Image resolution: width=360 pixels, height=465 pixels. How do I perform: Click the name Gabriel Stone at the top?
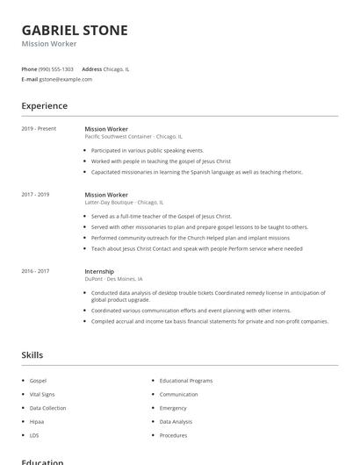click(75, 30)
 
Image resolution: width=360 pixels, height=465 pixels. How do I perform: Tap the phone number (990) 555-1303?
click(56, 68)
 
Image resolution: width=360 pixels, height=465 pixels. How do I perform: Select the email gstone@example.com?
click(66, 79)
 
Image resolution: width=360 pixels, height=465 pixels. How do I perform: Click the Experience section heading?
click(44, 106)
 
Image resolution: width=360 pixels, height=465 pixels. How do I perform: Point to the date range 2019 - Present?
click(39, 129)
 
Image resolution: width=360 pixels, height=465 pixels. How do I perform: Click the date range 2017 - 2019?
click(35, 195)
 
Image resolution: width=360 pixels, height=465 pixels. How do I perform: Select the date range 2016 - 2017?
click(35, 271)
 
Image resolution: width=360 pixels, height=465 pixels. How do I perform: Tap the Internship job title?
click(99, 271)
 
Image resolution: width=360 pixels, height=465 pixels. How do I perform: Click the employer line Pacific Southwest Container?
click(133, 137)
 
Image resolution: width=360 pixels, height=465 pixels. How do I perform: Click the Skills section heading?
click(32, 355)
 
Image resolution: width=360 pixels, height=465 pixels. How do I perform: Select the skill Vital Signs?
click(42, 395)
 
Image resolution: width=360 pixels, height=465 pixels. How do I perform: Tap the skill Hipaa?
click(38, 422)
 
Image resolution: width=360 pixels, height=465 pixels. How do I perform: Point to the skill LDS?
click(34, 435)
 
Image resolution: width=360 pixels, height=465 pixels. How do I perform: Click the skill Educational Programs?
click(186, 381)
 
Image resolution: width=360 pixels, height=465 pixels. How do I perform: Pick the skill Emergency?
click(173, 408)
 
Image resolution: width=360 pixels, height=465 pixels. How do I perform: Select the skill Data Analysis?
click(176, 422)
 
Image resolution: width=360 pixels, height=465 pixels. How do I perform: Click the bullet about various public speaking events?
click(148, 150)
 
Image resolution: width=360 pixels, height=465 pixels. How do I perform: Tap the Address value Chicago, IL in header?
click(116, 68)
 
